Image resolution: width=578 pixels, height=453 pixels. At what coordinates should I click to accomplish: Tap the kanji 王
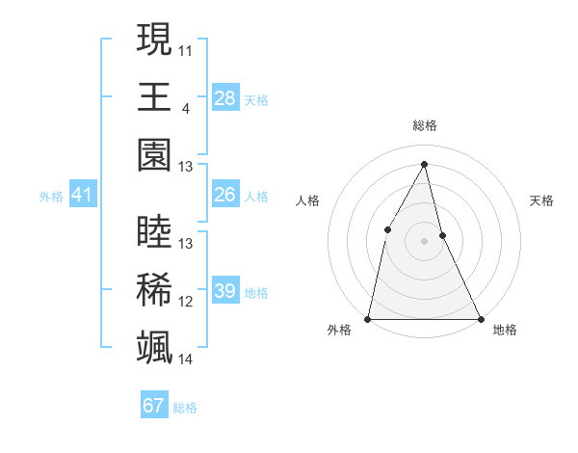pyautogui.click(x=154, y=96)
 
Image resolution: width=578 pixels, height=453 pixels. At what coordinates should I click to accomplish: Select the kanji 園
pyautogui.click(x=154, y=154)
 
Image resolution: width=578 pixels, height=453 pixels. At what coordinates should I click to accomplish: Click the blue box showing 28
pyautogui.click(x=225, y=97)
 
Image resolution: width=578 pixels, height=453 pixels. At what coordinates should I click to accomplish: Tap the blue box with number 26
pyautogui.click(x=225, y=195)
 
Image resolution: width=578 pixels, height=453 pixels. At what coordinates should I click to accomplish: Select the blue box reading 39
pyautogui.click(x=225, y=291)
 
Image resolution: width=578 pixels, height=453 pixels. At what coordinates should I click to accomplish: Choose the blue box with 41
pyautogui.click(x=83, y=196)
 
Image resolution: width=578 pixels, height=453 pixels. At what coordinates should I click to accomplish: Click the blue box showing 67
pyautogui.click(x=154, y=406)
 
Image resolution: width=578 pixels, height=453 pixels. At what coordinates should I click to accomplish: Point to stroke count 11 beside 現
pyautogui.click(x=186, y=49)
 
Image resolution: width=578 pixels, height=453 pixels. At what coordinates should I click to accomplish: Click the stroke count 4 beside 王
pyautogui.click(x=185, y=107)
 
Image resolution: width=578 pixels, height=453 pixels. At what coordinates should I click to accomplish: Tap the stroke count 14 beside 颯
pyautogui.click(x=186, y=360)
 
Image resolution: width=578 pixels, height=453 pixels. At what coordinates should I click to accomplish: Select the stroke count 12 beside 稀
pyautogui.click(x=186, y=302)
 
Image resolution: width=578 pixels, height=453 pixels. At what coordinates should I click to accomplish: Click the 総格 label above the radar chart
pyautogui.click(x=424, y=125)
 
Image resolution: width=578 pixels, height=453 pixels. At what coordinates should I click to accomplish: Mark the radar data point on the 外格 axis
pyautogui.click(x=368, y=318)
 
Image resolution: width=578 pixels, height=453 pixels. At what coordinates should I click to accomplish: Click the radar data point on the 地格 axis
pyautogui.click(x=480, y=318)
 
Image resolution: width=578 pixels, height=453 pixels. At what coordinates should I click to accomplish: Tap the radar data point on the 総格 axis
pyautogui.click(x=424, y=164)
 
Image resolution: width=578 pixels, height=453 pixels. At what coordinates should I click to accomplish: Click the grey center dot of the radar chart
pyautogui.click(x=424, y=241)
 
